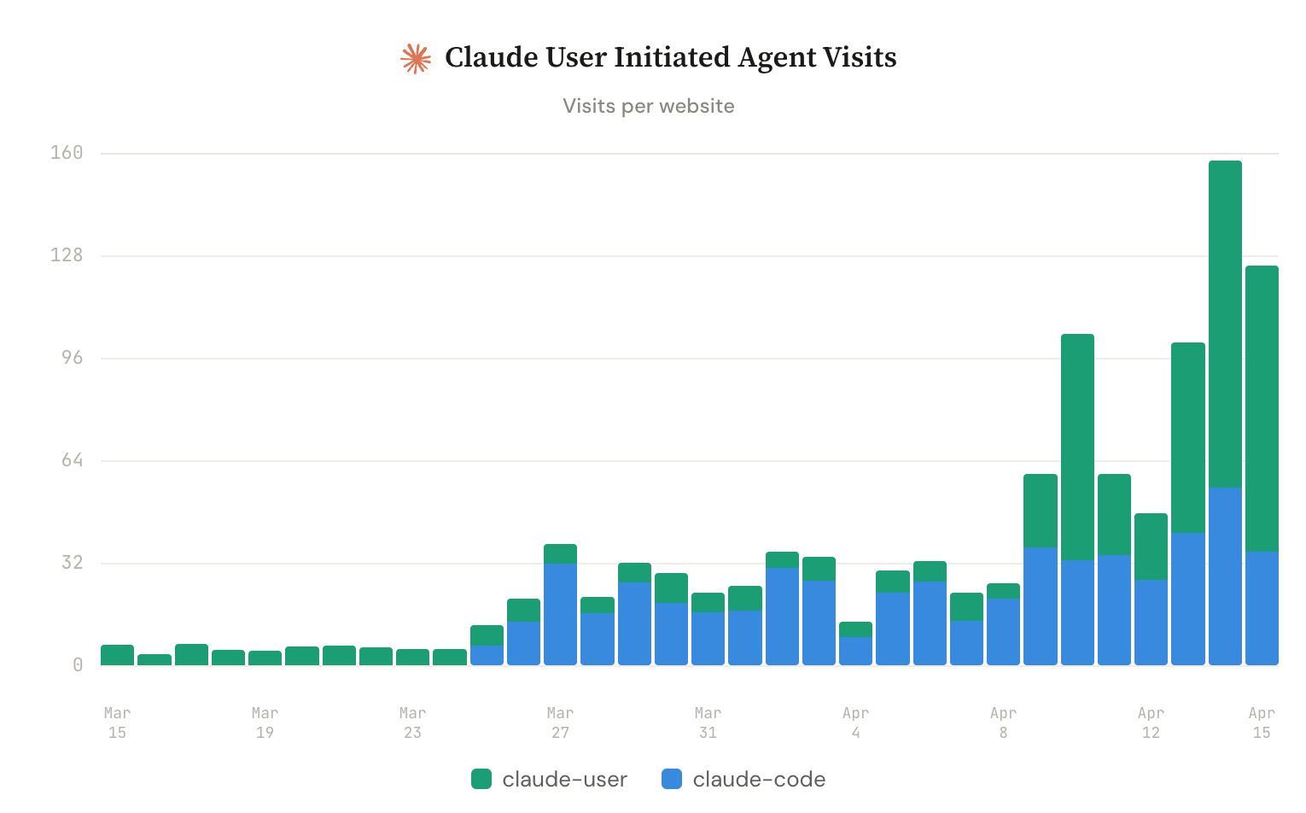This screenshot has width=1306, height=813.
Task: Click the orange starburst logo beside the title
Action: (x=416, y=58)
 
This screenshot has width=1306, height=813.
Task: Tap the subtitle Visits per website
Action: (x=648, y=106)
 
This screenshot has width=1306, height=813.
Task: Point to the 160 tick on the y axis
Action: (x=67, y=153)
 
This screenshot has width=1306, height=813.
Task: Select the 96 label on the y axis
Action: (x=67, y=358)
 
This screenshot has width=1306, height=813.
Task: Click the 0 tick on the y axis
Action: (x=78, y=665)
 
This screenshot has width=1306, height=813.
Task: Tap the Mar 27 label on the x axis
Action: (x=560, y=722)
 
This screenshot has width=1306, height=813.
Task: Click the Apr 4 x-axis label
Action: (x=855, y=722)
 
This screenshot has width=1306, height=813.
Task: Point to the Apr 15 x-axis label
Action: (x=1261, y=722)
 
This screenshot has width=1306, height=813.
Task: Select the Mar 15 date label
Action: (x=117, y=722)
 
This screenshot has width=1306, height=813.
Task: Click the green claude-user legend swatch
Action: (x=481, y=779)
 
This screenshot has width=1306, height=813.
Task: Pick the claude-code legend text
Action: (x=759, y=779)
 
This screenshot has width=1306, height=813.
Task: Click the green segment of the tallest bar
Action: (x=1225, y=325)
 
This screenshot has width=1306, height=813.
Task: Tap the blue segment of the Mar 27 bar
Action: (x=560, y=615)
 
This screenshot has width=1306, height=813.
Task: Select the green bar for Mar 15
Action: (x=117, y=656)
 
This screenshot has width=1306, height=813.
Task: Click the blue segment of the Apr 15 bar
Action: (x=1262, y=608)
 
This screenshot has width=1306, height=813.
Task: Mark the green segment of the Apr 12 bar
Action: (x=1151, y=547)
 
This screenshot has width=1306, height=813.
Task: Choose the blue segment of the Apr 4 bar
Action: (x=855, y=651)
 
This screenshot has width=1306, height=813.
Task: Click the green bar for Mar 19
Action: (x=265, y=658)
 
